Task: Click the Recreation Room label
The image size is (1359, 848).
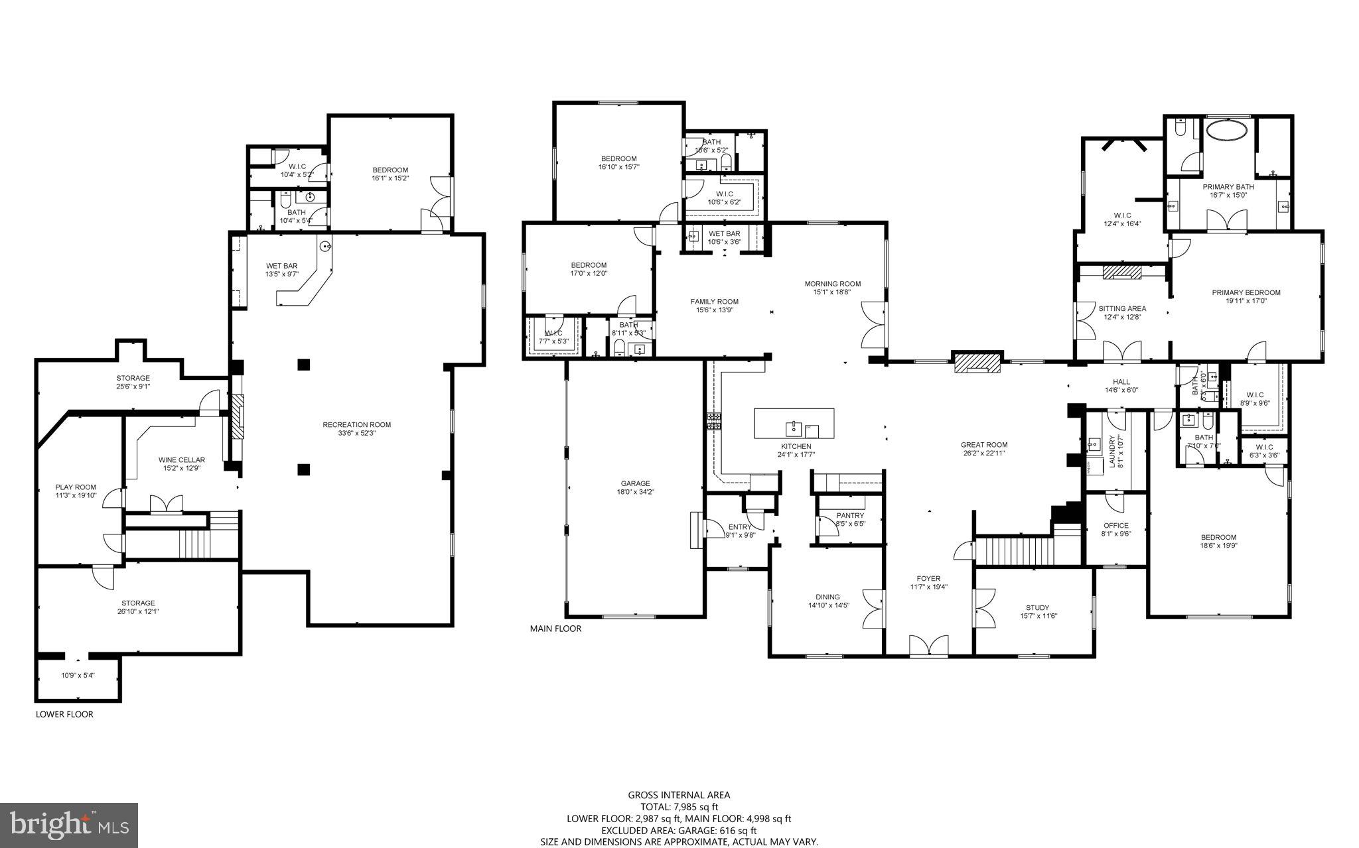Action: pyautogui.click(x=356, y=425)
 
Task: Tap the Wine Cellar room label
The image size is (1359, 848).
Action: pyautogui.click(x=181, y=460)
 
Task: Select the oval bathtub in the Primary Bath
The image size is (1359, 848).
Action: pyautogui.click(x=1225, y=129)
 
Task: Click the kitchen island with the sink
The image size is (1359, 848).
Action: pyautogui.click(x=794, y=423)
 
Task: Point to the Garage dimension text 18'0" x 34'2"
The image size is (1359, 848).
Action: pyautogui.click(x=635, y=492)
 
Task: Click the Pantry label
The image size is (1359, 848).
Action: pyautogui.click(x=850, y=515)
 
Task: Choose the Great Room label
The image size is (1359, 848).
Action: pyautogui.click(x=983, y=445)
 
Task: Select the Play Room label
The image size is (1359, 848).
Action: pyautogui.click(x=76, y=487)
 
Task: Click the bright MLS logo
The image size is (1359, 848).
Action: pyautogui.click(x=69, y=825)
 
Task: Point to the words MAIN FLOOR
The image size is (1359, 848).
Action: pyautogui.click(x=555, y=629)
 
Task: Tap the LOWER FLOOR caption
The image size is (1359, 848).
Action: pyautogui.click(x=64, y=714)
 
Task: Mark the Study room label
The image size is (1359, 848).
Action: pyautogui.click(x=1037, y=607)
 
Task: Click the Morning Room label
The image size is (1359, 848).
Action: pyautogui.click(x=832, y=283)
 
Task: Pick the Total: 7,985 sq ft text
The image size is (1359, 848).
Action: pyautogui.click(x=679, y=807)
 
